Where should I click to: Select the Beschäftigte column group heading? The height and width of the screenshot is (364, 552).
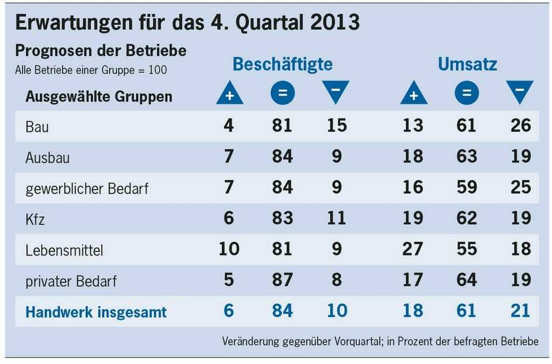(282, 64)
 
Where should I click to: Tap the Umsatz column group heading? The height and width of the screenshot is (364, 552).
(467, 64)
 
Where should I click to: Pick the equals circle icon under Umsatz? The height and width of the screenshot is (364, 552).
(467, 93)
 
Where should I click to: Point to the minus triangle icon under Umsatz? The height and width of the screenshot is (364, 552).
(520, 92)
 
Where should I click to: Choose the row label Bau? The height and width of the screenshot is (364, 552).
(37, 127)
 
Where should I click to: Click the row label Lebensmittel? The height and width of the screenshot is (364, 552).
(64, 251)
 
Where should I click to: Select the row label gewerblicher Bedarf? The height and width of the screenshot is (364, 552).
(87, 189)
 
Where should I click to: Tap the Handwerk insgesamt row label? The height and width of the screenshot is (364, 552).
(96, 312)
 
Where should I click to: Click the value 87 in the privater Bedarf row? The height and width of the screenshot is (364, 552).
(282, 280)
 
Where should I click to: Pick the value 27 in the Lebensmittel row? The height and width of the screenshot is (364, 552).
(413, 250)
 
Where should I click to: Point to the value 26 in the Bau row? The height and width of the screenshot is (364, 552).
(520, 126)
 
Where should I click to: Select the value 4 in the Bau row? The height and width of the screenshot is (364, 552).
(229, 126)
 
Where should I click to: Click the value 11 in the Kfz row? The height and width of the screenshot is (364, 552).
(336, 218)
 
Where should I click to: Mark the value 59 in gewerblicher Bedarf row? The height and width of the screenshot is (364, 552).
(466, 188)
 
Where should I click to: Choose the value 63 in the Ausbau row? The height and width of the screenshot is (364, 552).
(466, 157)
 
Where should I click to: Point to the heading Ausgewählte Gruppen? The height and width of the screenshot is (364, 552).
(99, 97)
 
